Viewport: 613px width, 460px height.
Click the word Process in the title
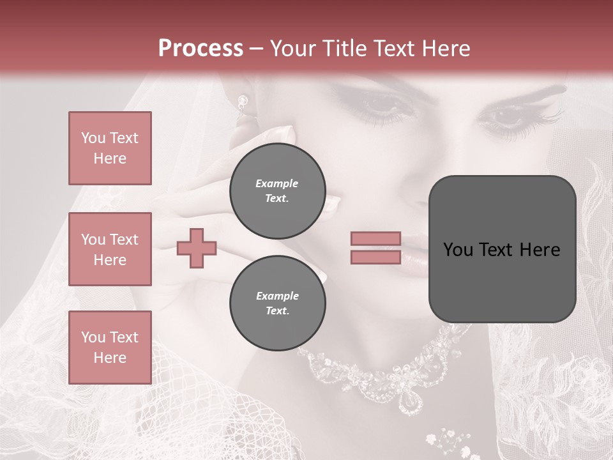[201, 49]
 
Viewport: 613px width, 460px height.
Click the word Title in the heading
[344, 49]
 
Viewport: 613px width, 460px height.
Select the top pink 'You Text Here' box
[110, 148]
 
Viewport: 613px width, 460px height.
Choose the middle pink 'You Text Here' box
[110, 249]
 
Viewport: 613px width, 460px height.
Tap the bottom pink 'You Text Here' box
[110, 348]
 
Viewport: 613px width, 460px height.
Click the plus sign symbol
[197, 248]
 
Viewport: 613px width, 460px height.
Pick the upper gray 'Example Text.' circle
[277, 190]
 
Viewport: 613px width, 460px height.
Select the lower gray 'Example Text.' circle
[277, 303]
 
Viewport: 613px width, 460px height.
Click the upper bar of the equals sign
[376, 238]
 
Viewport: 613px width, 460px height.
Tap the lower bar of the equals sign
[376, 257]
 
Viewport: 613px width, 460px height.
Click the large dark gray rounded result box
[502, 249]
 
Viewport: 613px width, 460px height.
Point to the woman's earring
[243, 102]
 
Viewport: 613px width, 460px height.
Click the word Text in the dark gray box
[501, 249]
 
